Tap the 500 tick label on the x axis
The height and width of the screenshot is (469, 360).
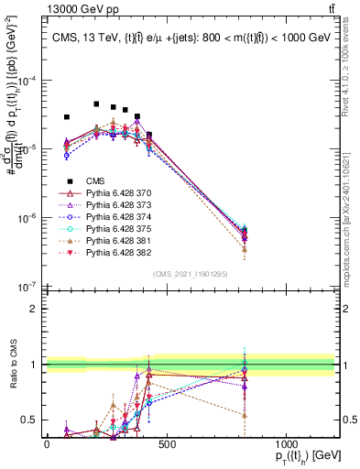pos(166,444)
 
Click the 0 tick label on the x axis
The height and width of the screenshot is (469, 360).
pos(47,444)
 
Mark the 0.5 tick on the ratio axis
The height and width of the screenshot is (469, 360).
pos(29,420)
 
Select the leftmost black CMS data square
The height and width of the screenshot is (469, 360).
pos(67,117)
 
